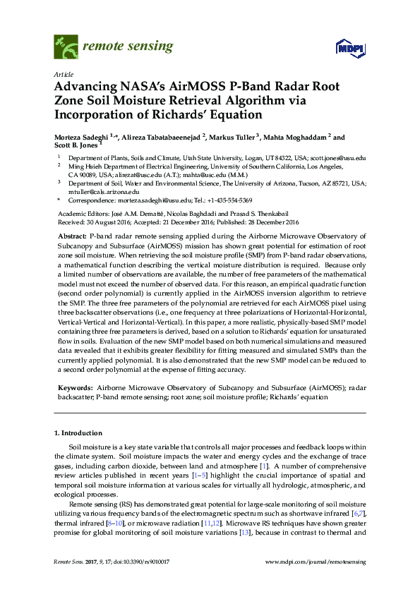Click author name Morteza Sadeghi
(x=85, y=137)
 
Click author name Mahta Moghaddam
(x=299, y=137)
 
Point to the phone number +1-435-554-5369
(x=210, y=200)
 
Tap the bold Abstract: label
(x=72, y=234)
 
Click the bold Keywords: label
(x=75, y=388)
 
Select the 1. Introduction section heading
(x=78, y=432)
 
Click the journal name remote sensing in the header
(x=128, y=47)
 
